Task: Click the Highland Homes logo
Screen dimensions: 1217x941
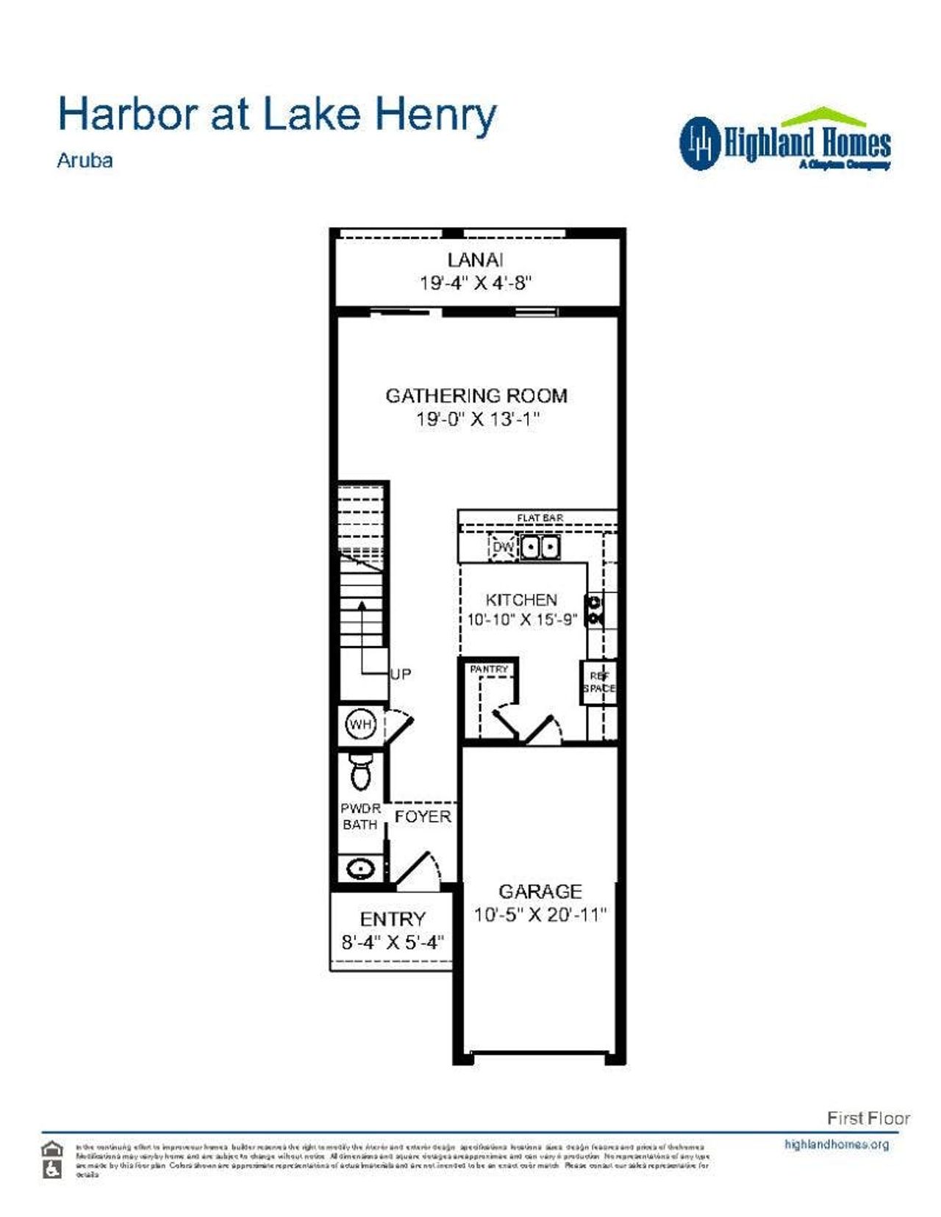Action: click(784, 142)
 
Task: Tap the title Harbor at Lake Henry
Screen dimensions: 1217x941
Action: click(277, 115)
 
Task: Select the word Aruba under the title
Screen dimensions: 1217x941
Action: click(85, 160)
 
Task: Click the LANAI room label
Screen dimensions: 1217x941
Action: click(476, 259)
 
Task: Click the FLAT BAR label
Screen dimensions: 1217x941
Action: click(540, 518)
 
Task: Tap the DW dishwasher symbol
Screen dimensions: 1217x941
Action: click(503, 548)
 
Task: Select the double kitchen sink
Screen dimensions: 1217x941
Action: click(540, 548)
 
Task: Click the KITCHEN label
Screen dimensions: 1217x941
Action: click(521, 600)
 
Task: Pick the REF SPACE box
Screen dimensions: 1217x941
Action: click(598, 683)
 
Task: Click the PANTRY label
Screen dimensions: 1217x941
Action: click(489, 669)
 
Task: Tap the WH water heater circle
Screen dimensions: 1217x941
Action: click(360, 725)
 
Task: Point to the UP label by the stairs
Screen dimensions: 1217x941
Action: click(400, 674)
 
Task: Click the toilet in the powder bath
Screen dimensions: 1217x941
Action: click(360, 771)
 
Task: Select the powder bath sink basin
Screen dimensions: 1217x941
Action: click(360, 869)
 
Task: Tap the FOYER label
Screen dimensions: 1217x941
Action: click(423, 816)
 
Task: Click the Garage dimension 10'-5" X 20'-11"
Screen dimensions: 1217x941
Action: click(540, 915)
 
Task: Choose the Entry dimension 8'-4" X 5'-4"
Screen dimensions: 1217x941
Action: click(393, 942)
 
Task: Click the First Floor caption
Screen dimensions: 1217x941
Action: click(868, 1119)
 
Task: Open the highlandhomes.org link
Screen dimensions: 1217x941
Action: click(837, 1144)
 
